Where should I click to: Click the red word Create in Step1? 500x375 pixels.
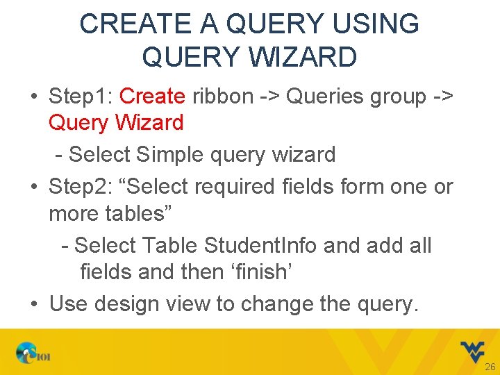(x=152, y=97)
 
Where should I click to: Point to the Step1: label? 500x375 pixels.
(x=81, y=97)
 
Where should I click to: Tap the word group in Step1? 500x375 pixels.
(x=399, y=97)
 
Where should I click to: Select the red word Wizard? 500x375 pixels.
(x=149, y=123)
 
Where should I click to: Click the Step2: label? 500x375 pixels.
(x=81, y=186)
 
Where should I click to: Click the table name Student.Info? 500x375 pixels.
(x=262, y=245)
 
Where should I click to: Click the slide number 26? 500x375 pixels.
(x=490, y=367)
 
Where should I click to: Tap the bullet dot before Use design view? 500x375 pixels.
(x=35, y=303)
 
